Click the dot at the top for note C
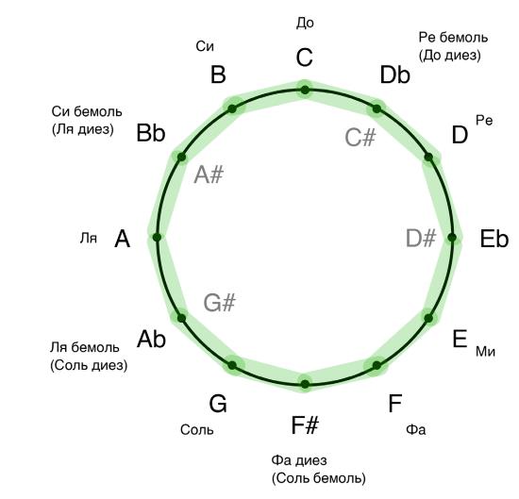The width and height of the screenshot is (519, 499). [305, 90]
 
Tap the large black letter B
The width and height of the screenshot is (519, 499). [218, 75]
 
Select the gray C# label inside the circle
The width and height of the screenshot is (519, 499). [360, 138]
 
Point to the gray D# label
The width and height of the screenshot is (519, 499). [421, 238]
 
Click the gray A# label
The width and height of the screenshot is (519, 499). [209, 175]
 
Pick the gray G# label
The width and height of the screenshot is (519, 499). [219, 303]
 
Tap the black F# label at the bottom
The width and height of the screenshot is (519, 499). [305, 425]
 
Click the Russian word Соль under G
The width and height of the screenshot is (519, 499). [197, 430]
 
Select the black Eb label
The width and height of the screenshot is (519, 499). [494, 239]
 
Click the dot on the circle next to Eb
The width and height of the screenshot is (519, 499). [452, 238]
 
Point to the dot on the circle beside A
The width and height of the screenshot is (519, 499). [157, 237]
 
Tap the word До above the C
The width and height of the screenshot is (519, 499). [305, 24]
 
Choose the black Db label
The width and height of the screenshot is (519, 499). [394, 75]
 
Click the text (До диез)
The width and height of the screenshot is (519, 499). [450, 56]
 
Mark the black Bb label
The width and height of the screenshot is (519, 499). [151, 133]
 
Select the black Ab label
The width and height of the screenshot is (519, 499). [151, 339]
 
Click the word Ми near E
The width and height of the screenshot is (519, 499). [485, 352]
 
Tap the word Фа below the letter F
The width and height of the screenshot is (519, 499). [416, 429]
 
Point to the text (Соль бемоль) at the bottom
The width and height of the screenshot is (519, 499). [319, 478]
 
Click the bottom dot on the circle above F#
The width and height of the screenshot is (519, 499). [305, 384]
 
